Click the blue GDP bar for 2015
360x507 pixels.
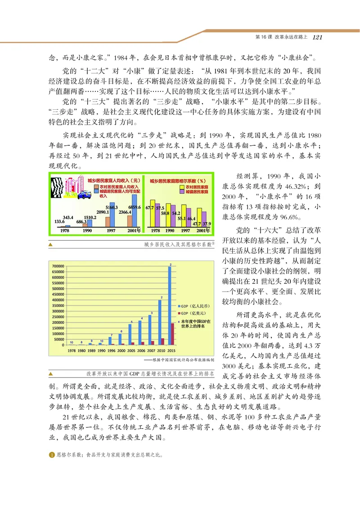click(x=169, y=306)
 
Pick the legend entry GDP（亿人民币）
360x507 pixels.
click(x=195, y=305)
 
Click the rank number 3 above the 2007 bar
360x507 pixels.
click(x=152, y=312)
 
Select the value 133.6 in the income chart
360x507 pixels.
click(x=60, y=221)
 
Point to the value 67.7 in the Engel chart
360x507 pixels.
click(x=150, y=207)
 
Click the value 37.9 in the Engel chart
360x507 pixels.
click(x=207, y=224)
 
